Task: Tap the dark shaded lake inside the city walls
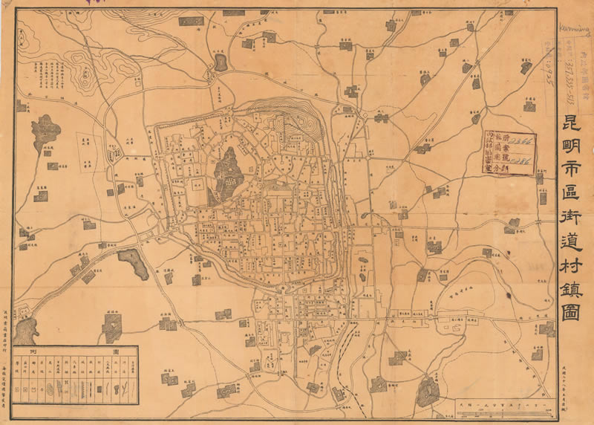tap(229, 172)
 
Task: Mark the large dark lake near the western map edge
tap(45, 134)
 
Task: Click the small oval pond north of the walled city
tap(221, 61)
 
